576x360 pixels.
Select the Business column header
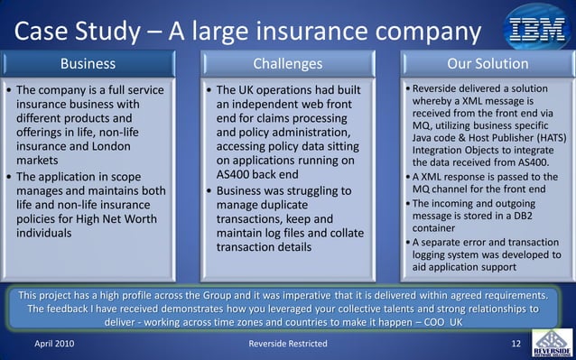[x=88, y=64]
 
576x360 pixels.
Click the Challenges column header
[x=287, y=64]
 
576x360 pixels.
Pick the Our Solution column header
[x=488, y=64]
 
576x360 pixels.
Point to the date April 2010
[x=54, y=345]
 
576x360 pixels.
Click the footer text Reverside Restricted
[x=288, y=345]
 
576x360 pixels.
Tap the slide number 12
[x=516, y=345]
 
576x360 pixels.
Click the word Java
[x=425, y=137]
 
